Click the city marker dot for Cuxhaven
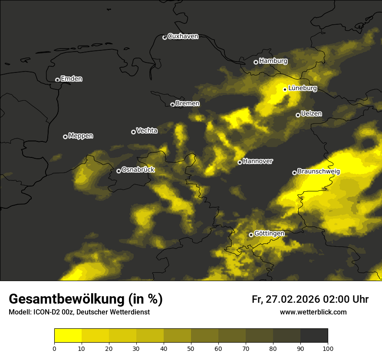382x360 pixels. (x=165, y=37)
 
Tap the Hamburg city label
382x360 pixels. (x=273, y=61)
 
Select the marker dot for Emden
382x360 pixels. (x=57, y=80)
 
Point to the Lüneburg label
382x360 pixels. (x=303, y=88)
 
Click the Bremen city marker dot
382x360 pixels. (x=172, y=105)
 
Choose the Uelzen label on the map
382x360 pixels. (x=311, y=114)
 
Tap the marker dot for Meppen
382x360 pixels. (x=65, y=137)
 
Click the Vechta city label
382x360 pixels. (x=147, y=131)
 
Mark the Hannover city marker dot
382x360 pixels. (x=240, y=162)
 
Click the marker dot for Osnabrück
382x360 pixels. (x=119, y=171)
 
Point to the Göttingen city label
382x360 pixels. (x=269, y=234)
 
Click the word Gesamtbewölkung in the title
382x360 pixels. (x=67, y=299)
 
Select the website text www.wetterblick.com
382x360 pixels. (x=313, y=312)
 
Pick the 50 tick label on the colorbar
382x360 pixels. (x=191, y=348)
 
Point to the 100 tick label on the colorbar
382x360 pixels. (x=328, y=348)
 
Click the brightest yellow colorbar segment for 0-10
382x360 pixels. (x=68, y=336)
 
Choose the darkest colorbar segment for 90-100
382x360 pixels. (x=314, y=336)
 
